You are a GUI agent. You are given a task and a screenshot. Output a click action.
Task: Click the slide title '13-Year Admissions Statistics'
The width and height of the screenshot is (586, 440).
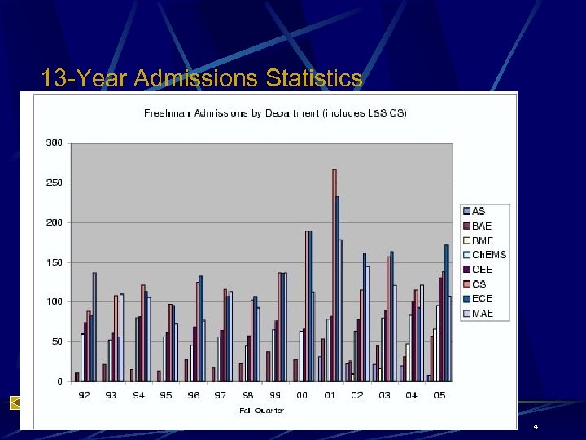202,78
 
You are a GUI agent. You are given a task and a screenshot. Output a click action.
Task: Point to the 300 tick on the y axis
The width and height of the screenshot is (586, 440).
54,143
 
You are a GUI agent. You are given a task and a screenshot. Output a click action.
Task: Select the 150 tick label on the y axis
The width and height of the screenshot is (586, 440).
54,262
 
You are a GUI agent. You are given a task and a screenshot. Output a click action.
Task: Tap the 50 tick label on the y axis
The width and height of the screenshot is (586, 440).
56,341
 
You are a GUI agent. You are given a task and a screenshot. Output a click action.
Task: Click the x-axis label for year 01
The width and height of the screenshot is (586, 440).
330,395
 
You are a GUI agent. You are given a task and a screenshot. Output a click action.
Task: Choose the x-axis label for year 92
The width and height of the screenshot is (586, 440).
84,395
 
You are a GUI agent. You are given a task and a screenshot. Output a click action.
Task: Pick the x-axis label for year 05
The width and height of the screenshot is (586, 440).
439,395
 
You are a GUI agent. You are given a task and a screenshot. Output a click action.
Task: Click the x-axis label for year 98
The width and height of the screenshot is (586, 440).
247,395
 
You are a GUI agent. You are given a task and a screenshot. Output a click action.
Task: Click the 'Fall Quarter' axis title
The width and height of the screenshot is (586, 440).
261,410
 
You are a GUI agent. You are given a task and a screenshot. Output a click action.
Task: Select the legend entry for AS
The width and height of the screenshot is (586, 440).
479,211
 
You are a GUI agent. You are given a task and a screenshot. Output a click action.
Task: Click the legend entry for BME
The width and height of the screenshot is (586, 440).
482,240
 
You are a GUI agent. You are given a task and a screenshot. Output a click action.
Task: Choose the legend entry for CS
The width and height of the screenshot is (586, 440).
479,284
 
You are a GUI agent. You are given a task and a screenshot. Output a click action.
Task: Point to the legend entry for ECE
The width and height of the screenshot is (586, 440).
482,299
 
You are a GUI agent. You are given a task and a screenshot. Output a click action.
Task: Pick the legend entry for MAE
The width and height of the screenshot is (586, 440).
482,314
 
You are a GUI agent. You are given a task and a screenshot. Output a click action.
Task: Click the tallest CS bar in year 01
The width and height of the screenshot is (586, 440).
334,277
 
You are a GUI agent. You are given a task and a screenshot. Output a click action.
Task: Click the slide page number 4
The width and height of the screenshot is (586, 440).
536,428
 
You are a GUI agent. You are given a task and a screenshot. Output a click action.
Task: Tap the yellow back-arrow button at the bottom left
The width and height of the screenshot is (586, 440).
15,402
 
